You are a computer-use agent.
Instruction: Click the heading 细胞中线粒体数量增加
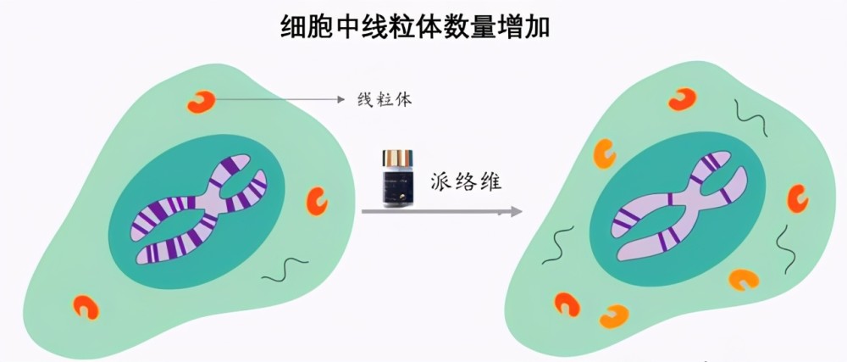(415, 27)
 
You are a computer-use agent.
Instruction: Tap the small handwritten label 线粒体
(384, 99)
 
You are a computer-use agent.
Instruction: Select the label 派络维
(466, 182)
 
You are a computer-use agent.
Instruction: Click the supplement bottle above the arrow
(397, 179)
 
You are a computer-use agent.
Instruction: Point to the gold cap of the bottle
(397, 158)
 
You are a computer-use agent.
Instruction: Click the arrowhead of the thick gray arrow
(516, 211)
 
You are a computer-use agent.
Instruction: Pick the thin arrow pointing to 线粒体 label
(279, 99)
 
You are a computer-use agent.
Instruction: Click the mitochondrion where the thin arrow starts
(201, 101)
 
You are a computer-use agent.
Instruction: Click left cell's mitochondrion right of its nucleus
(317, 201)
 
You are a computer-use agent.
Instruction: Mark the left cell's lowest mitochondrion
(86, 306)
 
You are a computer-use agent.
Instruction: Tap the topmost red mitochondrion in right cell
(682, 99)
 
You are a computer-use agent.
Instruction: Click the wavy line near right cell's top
(750, 118)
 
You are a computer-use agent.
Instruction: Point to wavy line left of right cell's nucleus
(557, 245)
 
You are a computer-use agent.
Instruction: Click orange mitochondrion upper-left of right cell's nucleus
(605, 153)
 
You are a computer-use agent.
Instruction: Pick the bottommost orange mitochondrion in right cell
(613, 316)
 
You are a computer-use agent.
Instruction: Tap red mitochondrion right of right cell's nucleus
(797, 198)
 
